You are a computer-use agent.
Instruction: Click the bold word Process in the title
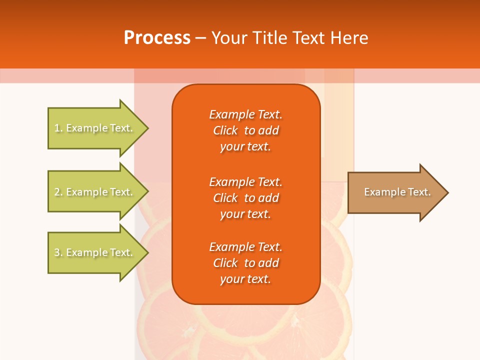(157, 38)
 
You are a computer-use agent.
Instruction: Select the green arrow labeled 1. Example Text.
(95, 128)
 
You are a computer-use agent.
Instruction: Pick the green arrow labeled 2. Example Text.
(95, 192)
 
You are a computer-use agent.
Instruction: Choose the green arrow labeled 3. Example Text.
(95, 252)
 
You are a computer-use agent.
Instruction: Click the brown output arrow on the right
(395, 192)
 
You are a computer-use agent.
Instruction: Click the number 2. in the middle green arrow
(58, 192)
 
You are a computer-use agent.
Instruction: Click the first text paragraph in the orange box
(245, 130)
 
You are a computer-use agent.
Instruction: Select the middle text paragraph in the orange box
(245, 198)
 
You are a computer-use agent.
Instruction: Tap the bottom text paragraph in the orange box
(245, 263)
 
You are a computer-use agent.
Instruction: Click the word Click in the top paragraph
(225, 130)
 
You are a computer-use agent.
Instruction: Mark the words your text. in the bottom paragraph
(245, 279)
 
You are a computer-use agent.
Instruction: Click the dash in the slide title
(200, 38)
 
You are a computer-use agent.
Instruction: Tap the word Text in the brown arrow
(419, 192)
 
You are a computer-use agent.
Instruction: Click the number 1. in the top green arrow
(58, 128)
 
